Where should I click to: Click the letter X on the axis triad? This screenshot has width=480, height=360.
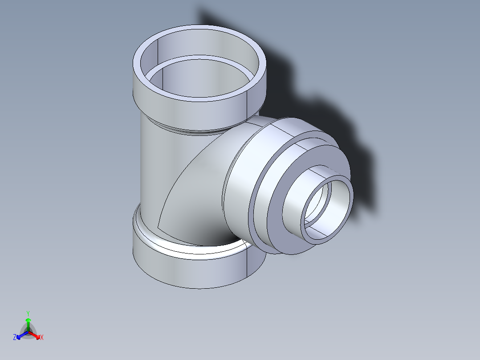click(42, 338)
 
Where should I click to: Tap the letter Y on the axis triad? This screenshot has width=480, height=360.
click(28, 313)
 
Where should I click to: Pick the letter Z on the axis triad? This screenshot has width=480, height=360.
click(15, 337)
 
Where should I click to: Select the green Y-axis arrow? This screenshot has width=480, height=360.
click(28, 323)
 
